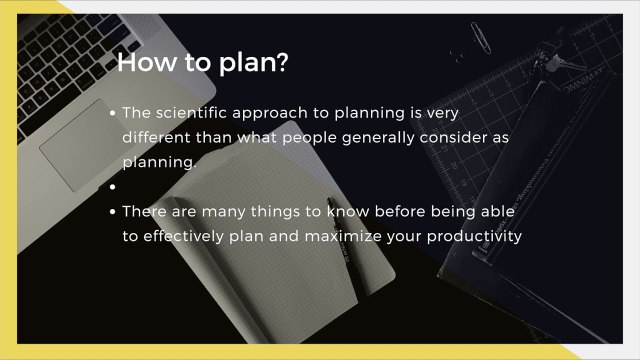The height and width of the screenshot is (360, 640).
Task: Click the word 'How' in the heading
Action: (x=147, y=62)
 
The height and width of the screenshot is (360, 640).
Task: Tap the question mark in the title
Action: (x=282, y=62)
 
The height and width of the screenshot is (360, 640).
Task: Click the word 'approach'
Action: (x=270, y=114)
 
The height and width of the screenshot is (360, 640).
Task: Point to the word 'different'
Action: (x=156, y=137)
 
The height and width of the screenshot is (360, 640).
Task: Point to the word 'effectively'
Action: (x=183, y=236)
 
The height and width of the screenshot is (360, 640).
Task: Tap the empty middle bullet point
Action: (x=113, y=187)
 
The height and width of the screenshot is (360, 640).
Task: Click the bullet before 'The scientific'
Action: (x=113, y=113)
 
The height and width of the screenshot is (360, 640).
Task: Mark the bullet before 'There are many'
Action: (x=113, y=211)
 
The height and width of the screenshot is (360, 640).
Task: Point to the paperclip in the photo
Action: (x=480, y=38)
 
